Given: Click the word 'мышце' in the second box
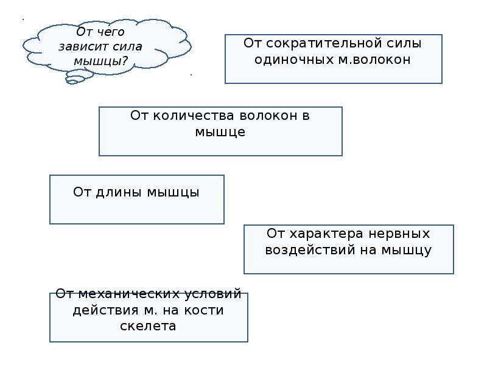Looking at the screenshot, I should tap(220, 131).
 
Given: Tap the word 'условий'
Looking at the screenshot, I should tap(213, 294).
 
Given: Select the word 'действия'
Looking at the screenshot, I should tap(100, 310).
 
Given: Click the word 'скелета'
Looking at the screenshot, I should tap(149, 326).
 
